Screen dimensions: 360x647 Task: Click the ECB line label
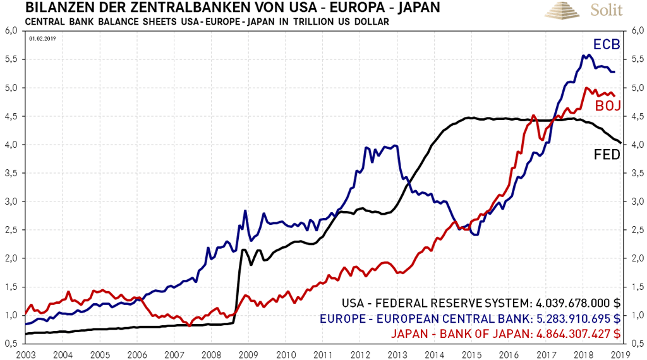click(x=606, y=45)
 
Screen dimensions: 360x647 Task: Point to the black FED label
click(x=606, y=155)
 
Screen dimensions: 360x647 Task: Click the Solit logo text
click(x=606, y=11)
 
